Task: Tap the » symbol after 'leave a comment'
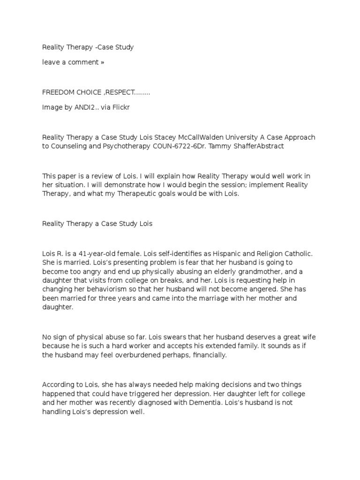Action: pyautogui.click(x=102, y=62)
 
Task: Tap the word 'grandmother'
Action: pyautogui.click(x=261, y=271)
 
